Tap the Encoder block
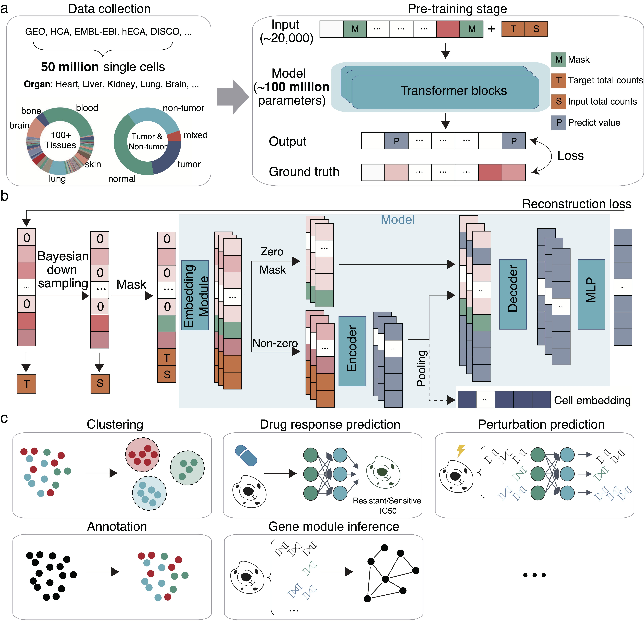pyautogui.click(x=352, y=351)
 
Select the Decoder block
pyautogui.click(x=513, y=294)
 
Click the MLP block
pyautogui.click(x=591, y=294)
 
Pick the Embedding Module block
pyautogui.click(x=195, y=295)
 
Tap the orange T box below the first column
pyautogui.click(x=26, y=384)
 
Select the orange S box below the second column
pyautogui.click(x=100, y=383)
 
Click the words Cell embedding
pyautogui.click(x=592, y=400)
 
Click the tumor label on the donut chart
pyautogui.click(x=189, y=164)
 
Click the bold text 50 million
pyautogui.click(x=70, y=67)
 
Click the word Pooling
pyautogui.click(x=422, y=368)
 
